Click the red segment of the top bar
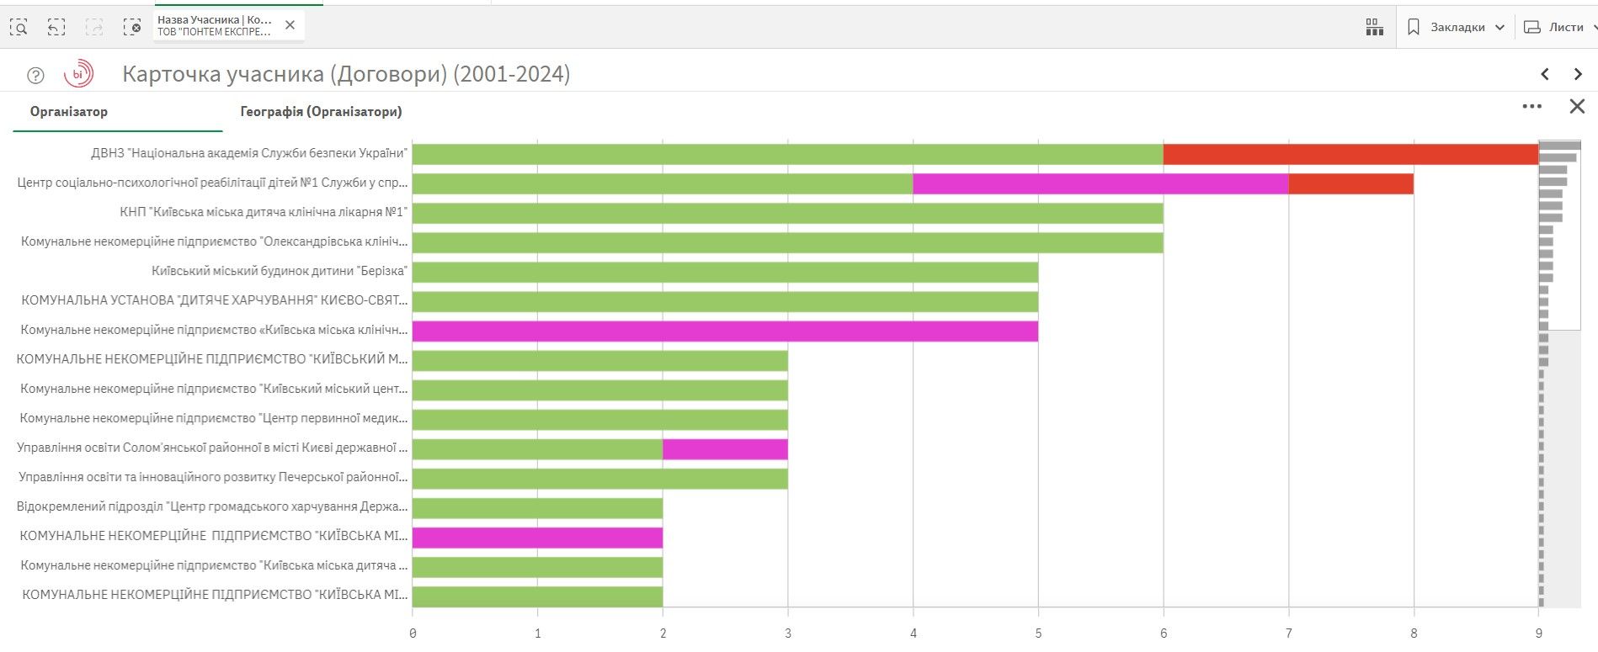coord(1350,154)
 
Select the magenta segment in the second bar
coord(1100,183)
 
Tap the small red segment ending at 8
coord(1350,183)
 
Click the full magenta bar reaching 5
coord(725,331)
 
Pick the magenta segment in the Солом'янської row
coord(725,448)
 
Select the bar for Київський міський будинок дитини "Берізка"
coord(725,272)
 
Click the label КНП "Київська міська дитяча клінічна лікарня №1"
coord(264,212)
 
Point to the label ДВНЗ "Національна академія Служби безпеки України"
coord(249,153)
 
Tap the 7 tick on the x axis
coord(1288,633)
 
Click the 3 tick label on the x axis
coord(788,633)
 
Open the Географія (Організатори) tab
coord(321,112)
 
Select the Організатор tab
coord(69,112)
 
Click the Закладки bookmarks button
coord(1457,28)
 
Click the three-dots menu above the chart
coord(1532,107)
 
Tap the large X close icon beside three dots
coord(1577,107)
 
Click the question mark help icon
coord(35,76)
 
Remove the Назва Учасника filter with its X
coord(290,25)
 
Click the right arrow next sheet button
coord(1578,74)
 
